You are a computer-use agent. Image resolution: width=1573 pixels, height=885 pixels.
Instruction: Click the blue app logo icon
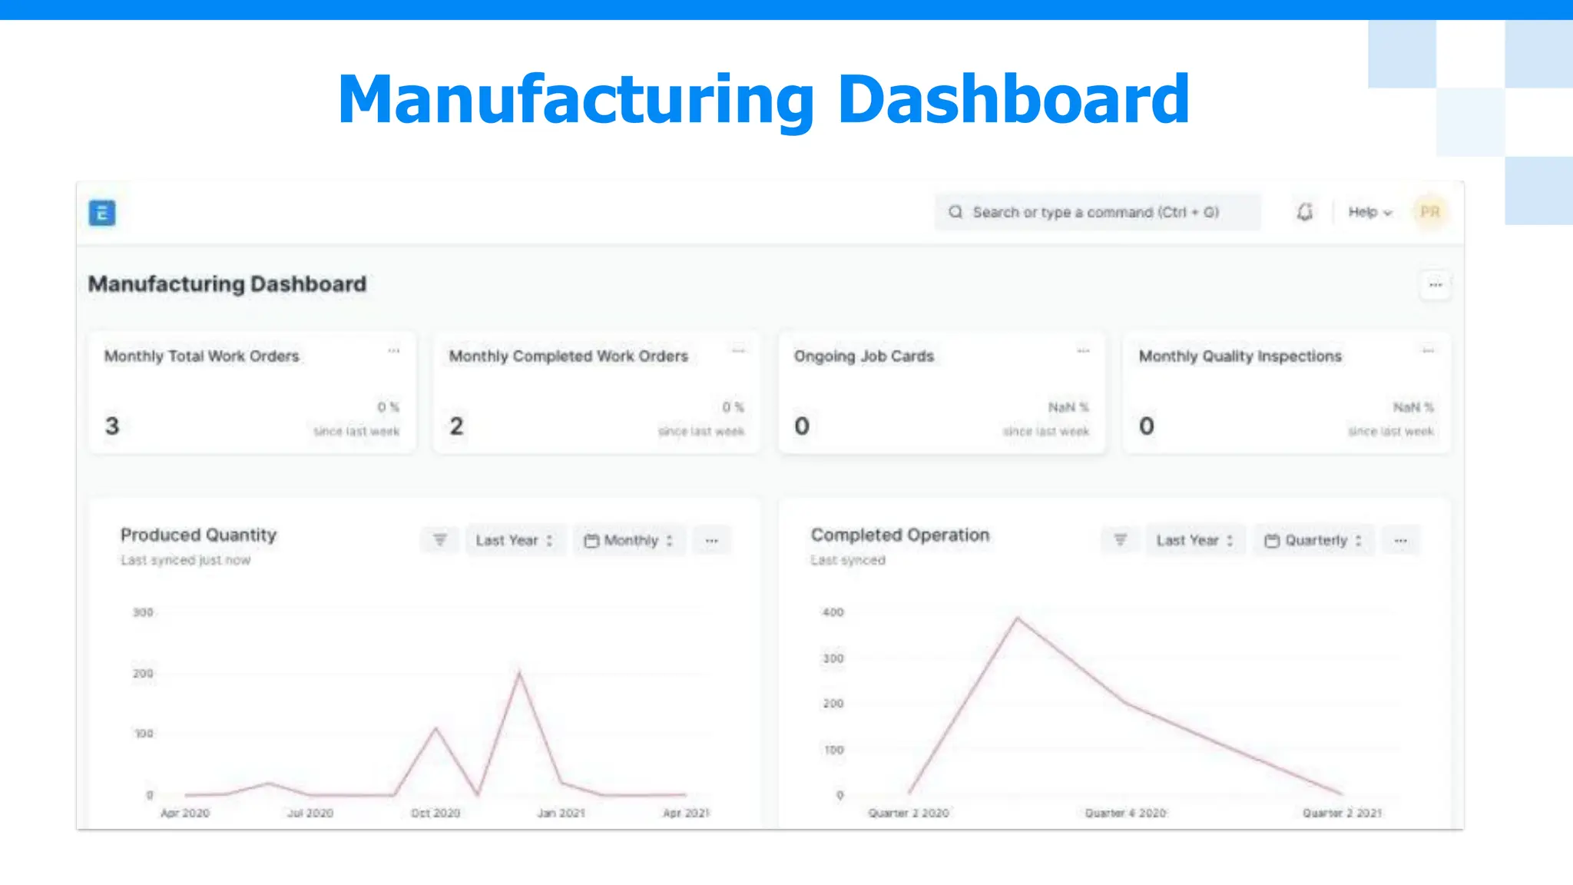click(x=102, y=213)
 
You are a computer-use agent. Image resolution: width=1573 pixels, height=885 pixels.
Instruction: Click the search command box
click(x=1096, y=212)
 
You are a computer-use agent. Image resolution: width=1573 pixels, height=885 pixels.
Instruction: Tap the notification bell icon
click(x=1304, y=212)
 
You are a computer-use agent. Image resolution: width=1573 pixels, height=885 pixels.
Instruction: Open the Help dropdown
click(x=1369, y=212)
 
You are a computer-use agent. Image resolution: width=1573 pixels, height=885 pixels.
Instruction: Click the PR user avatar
click(x=1429, y=212)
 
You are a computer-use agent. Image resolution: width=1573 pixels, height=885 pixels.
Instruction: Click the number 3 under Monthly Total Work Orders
click(x=112, y=426)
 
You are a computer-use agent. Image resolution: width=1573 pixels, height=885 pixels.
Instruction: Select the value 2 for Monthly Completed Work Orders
click(x=456, y=426)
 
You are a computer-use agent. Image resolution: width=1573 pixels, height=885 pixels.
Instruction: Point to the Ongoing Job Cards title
click(x=863, y=356)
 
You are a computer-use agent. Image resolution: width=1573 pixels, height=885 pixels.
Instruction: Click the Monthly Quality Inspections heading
click(x=1240, y=356)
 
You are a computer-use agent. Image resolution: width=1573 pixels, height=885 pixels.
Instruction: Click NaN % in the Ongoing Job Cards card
click(x=1068, y=407)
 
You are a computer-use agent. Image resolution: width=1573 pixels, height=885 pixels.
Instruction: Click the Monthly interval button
click(x=629, y=540)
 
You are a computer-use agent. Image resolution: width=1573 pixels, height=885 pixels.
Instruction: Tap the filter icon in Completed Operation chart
click(x=1121, y=540)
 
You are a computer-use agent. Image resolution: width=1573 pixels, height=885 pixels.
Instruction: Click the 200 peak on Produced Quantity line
click(x=519, y=674)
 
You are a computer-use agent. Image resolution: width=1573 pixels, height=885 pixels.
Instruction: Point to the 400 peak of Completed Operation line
click(x=1018, y=618)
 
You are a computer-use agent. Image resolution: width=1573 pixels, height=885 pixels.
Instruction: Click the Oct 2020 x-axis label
click(x=435, y=813)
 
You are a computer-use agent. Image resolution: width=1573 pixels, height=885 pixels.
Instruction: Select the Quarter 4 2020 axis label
click(x=1125, y=813)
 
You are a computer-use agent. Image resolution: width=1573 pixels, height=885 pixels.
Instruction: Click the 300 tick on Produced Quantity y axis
click(x=143, y=612)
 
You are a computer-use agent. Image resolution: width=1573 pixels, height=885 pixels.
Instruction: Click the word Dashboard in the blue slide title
click(x=1013, y=100)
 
